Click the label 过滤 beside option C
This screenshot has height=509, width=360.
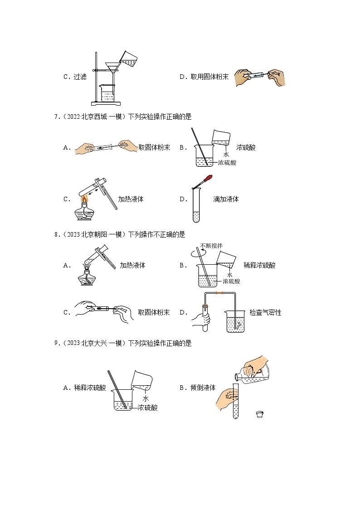click(80, 77)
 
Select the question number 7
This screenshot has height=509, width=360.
click(56, 117)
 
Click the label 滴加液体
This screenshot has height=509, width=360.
click(226, 199)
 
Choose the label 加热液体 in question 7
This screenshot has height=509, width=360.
click(131, 199)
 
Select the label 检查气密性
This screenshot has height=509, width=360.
click(265, 313)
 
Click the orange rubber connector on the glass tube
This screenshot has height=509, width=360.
click(219, 294)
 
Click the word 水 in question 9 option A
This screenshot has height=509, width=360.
click(146, 398)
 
